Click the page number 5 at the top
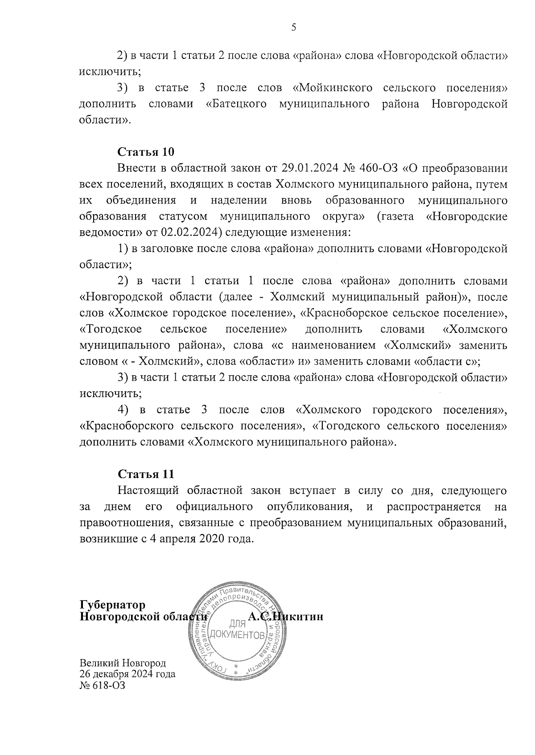(x=293, y=28)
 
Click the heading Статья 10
(x=145, y=152)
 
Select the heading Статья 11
(x=145, y=474)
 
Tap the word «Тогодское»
(x=111, y=329)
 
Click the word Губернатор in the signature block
(x=112, y=605)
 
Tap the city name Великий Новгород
(x=123, y=663)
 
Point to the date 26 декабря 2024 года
(x=127, y=674)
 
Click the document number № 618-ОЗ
(x=102, y=685)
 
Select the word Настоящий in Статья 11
(x=148, y=490)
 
